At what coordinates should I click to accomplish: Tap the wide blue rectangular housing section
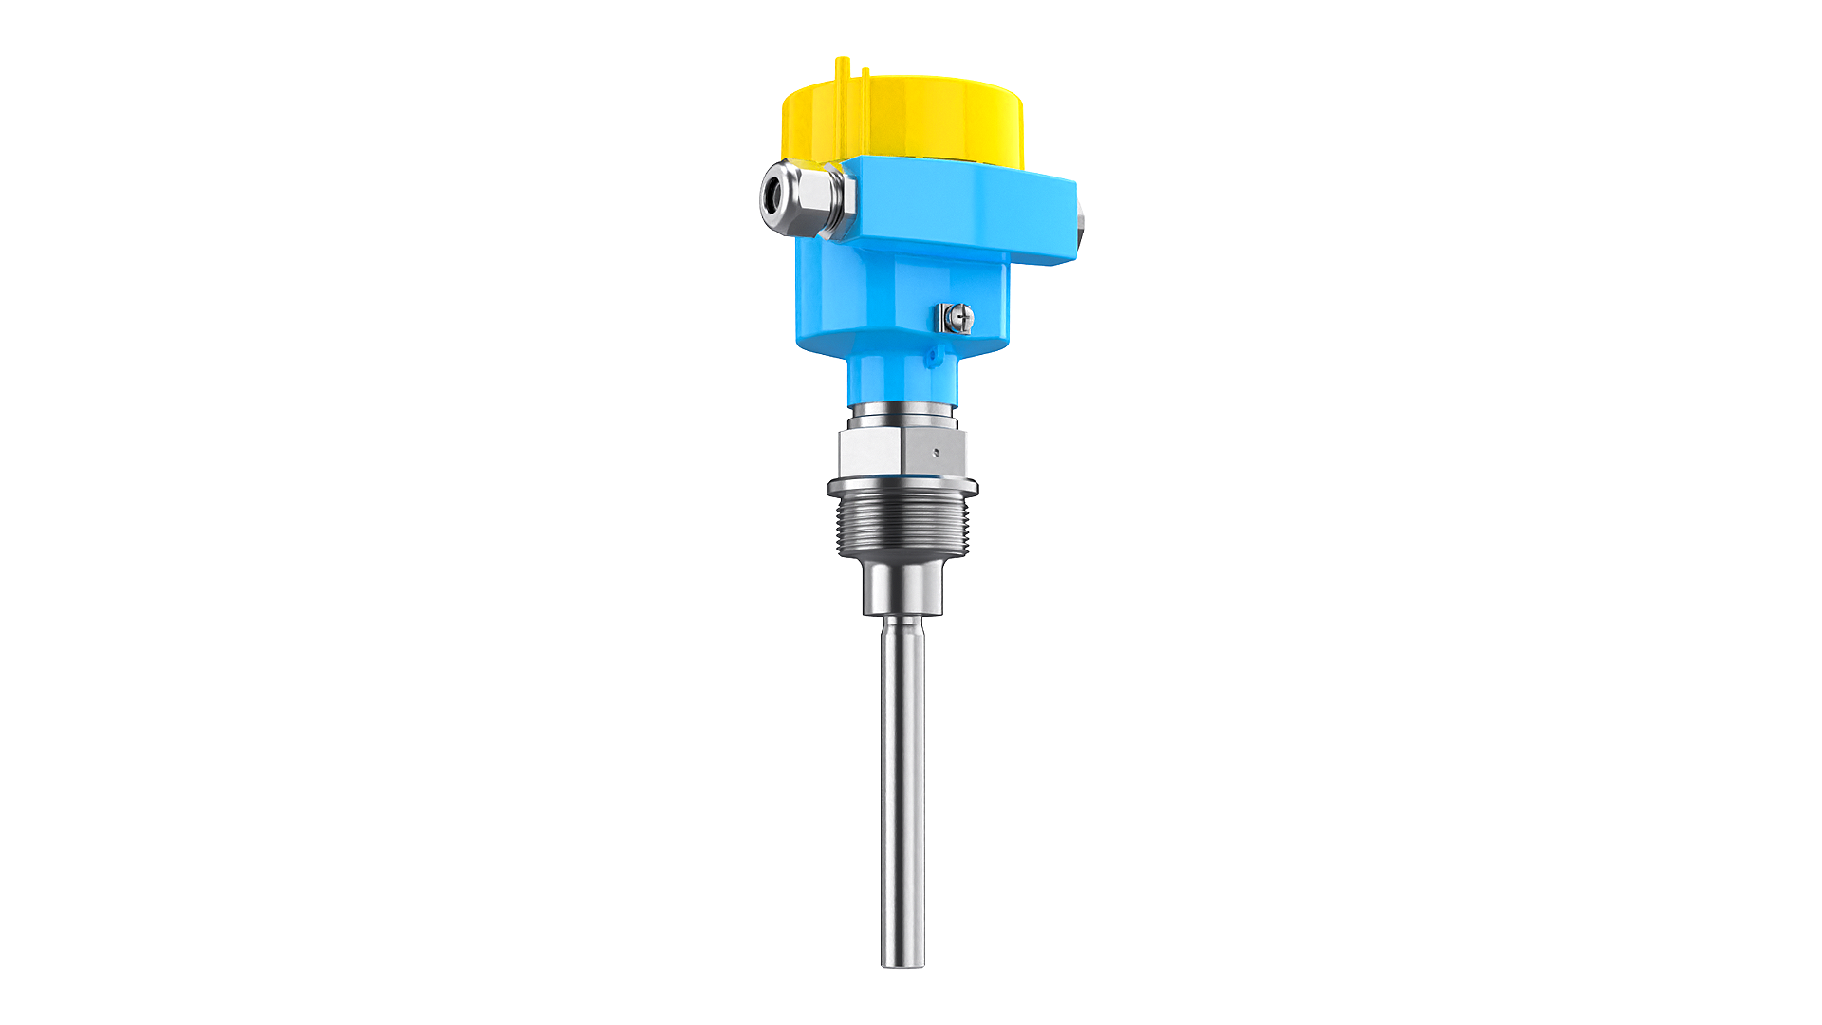(958, 214)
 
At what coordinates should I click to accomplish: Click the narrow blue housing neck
(902, 375)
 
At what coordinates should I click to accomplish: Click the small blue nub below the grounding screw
(932, 356)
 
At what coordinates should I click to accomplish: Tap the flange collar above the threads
(902, 489)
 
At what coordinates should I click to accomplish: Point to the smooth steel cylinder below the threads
(902, 588)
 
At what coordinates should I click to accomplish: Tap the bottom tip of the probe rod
(902, 962)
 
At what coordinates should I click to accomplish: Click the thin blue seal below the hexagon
(902, 475)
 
